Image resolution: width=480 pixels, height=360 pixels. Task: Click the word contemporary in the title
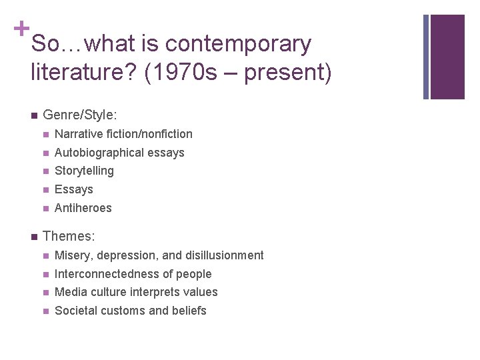coord(237,44)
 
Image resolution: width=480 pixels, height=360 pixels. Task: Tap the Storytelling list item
coord(84,171)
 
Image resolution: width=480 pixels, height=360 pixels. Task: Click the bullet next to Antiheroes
coord(45,208)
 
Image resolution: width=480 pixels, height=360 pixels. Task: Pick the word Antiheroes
coord(83,208)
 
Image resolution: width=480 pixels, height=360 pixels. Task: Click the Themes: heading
coord(69,236)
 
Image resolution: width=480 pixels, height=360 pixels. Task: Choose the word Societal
coord(76,311)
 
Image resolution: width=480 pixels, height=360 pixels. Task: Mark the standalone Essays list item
coord(74,189)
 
